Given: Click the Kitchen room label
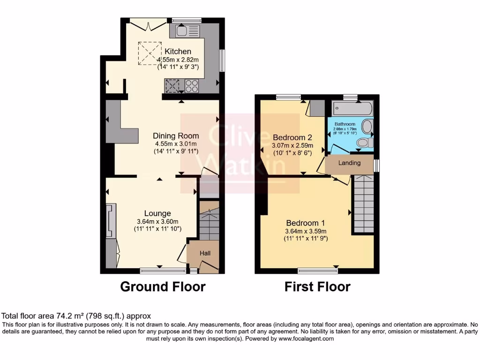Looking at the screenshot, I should pyautogui.click(x=177, y=51).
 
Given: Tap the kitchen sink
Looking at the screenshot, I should pyautogui.click(x=187, y=31).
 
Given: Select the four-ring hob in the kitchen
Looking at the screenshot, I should pyautogui.click(x=191, y=86).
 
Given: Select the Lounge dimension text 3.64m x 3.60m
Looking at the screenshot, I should pyautogui.click(x=157, y=221).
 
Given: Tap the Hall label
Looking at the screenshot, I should pyautogui.click(x=205, y=253).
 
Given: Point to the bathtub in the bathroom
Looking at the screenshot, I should pyautogui.click(x=352, y=109).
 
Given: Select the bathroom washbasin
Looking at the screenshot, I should pyautogui.click(x=368, y=127).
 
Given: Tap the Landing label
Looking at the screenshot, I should pyautogui.click(x=350, y=163).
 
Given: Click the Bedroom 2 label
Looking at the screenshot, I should pyautogui.click(x=292, y=137).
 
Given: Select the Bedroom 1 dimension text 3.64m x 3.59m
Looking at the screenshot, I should pyautogui.click(x=306, y=231).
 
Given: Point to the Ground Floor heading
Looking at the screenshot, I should pyautogui.click(x=163, y=286).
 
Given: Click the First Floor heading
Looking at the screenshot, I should pyautogui.click(x=317, y=286).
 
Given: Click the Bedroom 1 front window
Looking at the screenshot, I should pyautogui.click(x=317, y=270).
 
